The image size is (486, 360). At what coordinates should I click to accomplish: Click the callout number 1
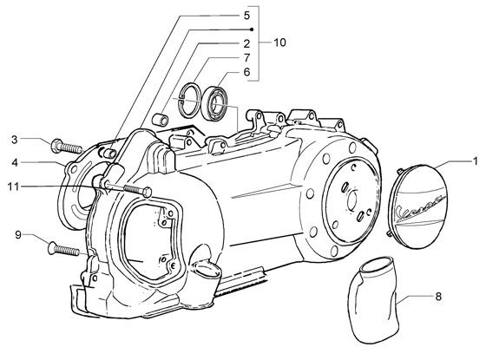coord(475,161)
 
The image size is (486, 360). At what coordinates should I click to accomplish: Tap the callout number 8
coord(438,297)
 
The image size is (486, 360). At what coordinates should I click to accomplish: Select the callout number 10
coord(279,43)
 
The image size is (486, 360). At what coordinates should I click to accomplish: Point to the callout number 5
coord(246,16)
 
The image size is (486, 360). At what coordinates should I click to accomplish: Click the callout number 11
coord(13,187)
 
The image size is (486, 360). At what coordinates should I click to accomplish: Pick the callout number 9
coord(18,235)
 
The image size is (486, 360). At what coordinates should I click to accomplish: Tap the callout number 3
coord(15,140)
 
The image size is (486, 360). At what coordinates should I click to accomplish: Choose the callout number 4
coord(15,162)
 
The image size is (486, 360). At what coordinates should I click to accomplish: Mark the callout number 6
coord(246,72)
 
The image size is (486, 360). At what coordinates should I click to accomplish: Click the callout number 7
coord(246,57)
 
